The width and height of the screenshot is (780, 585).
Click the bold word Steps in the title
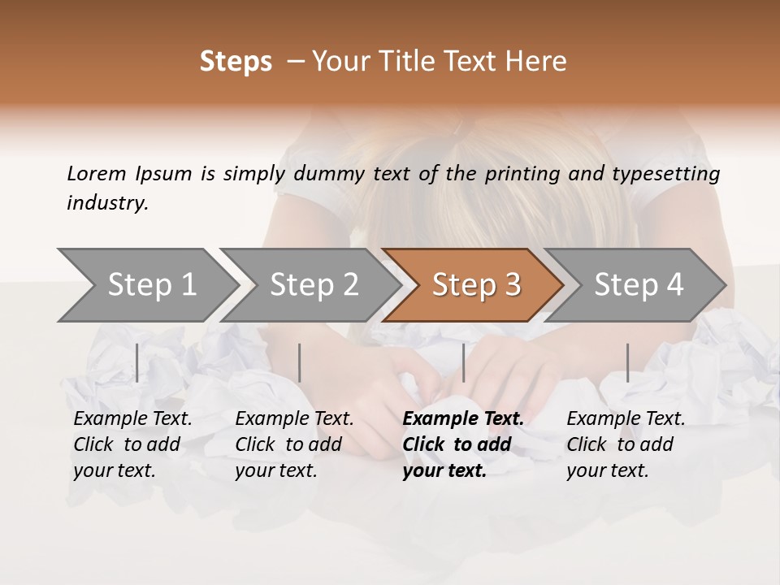pos(236,62)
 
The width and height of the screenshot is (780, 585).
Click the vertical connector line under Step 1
pos(137,362)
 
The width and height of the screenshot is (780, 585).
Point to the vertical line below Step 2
pos(300,362)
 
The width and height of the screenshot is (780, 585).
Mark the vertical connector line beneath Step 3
pos(463,362)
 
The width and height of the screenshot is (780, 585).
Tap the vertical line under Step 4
pos(627,362)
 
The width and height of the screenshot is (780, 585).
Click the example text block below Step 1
pos(132,444)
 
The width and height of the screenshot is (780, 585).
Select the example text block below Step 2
pos(294,444)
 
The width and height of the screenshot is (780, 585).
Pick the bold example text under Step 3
pos(463,444)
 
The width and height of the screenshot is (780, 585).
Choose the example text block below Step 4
pos(626,444)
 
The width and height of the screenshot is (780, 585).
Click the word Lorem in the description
pos(97,173)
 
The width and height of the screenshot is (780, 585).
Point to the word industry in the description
pos(107,203)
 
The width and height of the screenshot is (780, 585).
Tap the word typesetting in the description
pos(671,174)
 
